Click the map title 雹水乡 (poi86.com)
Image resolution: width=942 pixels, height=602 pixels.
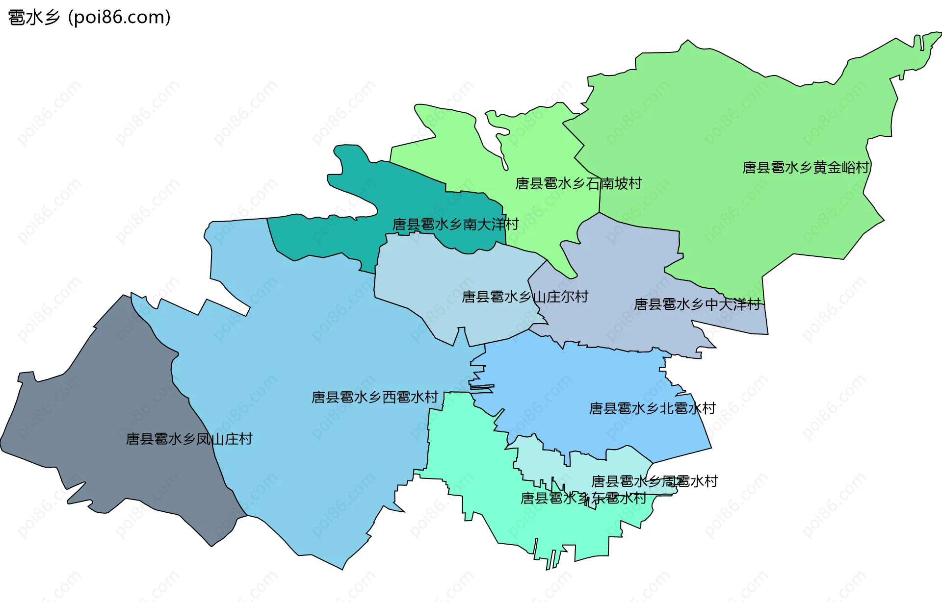coord(89,18)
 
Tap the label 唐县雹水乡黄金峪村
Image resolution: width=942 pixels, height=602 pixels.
coord(806,168)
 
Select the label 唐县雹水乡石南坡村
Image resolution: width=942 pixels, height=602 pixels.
coord(578,183)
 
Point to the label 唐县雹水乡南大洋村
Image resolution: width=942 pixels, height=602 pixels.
coord(455,225)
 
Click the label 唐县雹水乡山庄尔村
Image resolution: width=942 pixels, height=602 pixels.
coord(525,297)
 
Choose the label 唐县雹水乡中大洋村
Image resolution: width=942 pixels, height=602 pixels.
coord(697,304)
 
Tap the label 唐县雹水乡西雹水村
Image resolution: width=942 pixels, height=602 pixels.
coord(375,397)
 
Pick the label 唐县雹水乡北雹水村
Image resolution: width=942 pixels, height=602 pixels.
coord(652,408)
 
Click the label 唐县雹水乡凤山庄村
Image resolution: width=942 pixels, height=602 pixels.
coord(189,439)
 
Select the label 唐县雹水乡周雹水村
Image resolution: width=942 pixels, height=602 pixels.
coord(654,481)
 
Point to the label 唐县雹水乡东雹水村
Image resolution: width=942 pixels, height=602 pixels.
coord(583,498)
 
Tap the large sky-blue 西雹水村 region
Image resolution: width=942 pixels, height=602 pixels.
coord(304,343)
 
